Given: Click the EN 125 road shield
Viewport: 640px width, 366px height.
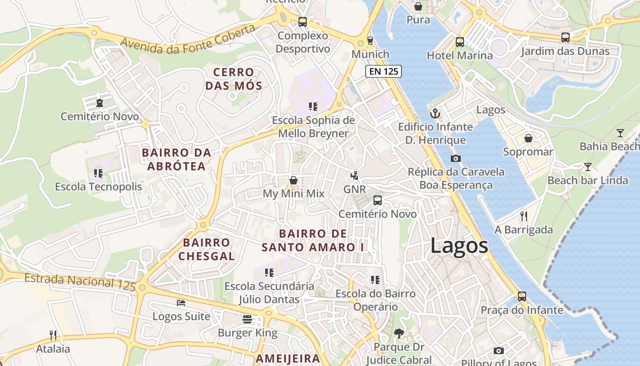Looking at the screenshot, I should click(384, 71).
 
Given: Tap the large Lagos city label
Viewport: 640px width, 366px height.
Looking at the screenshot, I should click(459, 246).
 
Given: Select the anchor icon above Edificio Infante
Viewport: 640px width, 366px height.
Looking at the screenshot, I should click(435, 113).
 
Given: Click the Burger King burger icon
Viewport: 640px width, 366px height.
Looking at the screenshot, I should click(247, 319).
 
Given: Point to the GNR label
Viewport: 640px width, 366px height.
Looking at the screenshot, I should click(355, 189).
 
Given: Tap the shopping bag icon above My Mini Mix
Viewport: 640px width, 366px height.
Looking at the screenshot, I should click(293, 180).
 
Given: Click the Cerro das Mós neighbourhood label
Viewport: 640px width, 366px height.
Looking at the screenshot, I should click(234, 79).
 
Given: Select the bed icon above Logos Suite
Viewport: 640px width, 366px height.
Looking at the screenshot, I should click(181, 303).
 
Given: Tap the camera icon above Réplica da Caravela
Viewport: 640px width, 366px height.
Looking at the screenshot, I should click(455, 158).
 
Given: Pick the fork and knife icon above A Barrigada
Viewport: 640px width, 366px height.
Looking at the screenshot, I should click(524, 216).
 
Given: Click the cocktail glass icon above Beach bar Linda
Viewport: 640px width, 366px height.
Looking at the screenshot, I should click(588, 167).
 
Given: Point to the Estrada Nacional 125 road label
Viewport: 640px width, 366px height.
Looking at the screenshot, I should click(80, 281).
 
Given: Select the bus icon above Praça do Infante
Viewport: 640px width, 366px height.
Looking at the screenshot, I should click(522, 296).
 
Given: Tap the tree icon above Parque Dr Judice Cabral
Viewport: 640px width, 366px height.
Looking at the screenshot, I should click(399, 334).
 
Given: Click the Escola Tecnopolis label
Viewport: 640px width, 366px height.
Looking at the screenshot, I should click(98, 187).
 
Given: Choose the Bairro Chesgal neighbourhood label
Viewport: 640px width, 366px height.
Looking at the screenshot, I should click(206, 249).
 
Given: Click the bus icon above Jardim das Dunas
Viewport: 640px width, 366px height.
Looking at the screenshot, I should click(565, 38).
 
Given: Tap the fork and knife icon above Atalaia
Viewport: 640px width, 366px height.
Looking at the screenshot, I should click(53, 335).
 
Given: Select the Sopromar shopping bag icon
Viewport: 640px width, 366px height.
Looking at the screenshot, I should click(528, 138).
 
